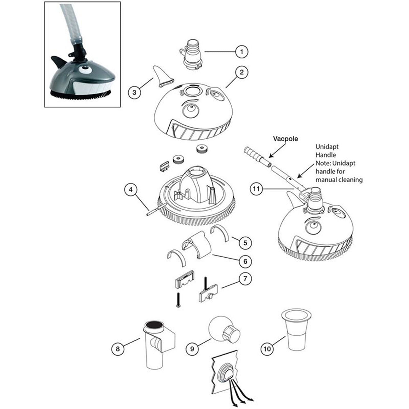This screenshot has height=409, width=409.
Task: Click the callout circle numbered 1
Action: click(242, 52)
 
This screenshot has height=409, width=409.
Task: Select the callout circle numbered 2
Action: click(242, 72)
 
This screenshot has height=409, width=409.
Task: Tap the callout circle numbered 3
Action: click(135, 92)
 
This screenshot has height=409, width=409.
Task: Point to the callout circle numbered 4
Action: click(131, 190)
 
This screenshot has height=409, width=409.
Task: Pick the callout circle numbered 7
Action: click(245, 278)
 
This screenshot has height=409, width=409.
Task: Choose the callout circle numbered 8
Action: click(118, 349)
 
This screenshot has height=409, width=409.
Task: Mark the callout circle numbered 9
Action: click(192, 349)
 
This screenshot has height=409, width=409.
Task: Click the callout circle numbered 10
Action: click(267, 349)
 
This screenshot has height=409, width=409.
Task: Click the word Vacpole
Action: click(286, 139)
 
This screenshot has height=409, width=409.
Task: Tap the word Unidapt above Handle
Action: click(327, 147)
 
